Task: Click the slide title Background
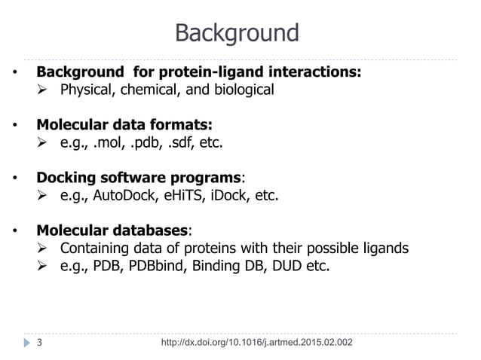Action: (x=237, y=33)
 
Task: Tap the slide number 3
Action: (x=39, y=343)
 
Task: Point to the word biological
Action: (x=240, y=90)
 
